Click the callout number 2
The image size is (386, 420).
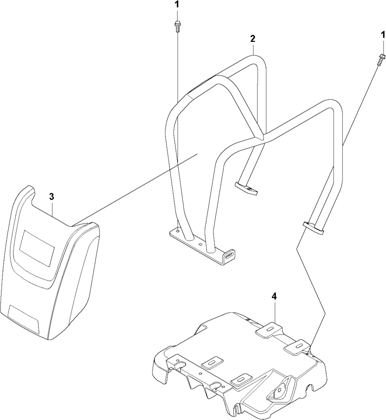[252, 39]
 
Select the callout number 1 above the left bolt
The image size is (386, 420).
[177, 5]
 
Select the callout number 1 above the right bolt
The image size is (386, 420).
[383, 35]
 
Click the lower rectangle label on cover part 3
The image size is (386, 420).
[23, 319]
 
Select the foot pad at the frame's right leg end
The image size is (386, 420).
[313, 227]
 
